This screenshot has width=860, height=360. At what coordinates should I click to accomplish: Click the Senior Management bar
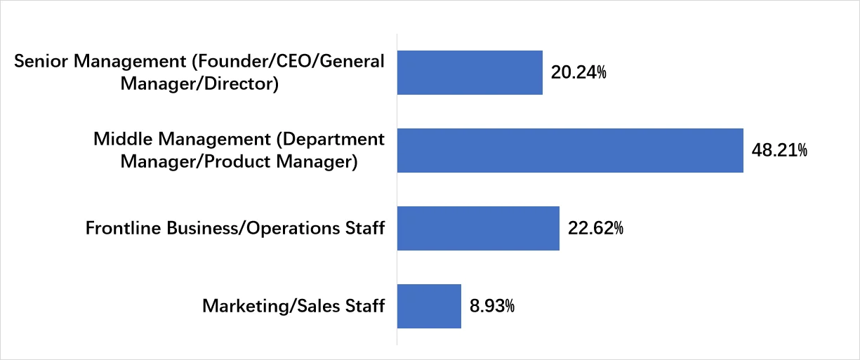[470, 72]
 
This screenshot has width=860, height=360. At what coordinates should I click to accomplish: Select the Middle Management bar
[570, 150]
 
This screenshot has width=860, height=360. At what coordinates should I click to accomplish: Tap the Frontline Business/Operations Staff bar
[478, 228]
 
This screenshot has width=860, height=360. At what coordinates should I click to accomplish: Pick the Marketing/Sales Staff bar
[429, 306]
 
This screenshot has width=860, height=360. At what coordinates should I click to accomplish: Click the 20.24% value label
[578, 72]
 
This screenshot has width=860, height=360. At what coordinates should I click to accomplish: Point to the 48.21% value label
[779, 150]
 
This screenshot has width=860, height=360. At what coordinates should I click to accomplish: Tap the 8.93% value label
[492, 306]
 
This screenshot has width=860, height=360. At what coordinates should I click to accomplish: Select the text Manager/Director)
[200, 84]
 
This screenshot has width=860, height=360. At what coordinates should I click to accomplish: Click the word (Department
[329, 139]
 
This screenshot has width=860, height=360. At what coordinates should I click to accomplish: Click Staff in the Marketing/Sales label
[366, 306]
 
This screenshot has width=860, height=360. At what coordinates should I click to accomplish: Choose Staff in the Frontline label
[366, 228]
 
